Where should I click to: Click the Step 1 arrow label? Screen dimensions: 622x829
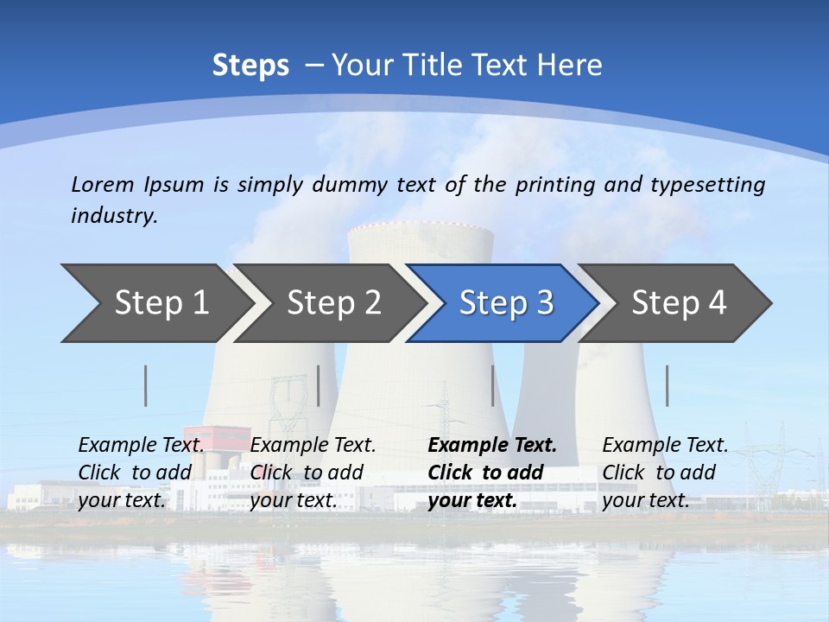point(161,303)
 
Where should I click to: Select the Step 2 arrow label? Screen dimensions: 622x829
point(333,303)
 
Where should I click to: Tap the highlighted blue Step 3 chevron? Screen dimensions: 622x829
point(506,303)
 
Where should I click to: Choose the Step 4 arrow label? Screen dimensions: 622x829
point(679,303)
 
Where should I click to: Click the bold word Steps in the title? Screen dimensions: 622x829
point(250,66)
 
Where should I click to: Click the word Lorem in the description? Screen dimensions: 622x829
point(103,184)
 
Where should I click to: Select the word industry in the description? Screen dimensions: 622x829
point(114,216)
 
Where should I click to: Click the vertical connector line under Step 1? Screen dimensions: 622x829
point(146,385)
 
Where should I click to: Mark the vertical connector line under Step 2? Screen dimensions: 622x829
point(319,385)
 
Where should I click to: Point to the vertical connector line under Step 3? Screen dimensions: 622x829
point(492,385)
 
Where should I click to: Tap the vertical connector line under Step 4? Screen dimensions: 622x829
point(667,385)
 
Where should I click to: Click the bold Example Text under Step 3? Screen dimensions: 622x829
point(492,446)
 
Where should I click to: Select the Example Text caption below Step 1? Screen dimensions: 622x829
point(141,446)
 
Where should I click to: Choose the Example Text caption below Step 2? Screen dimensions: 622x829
point(313,446)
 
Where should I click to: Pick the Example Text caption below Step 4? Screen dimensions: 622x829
point(665,446)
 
